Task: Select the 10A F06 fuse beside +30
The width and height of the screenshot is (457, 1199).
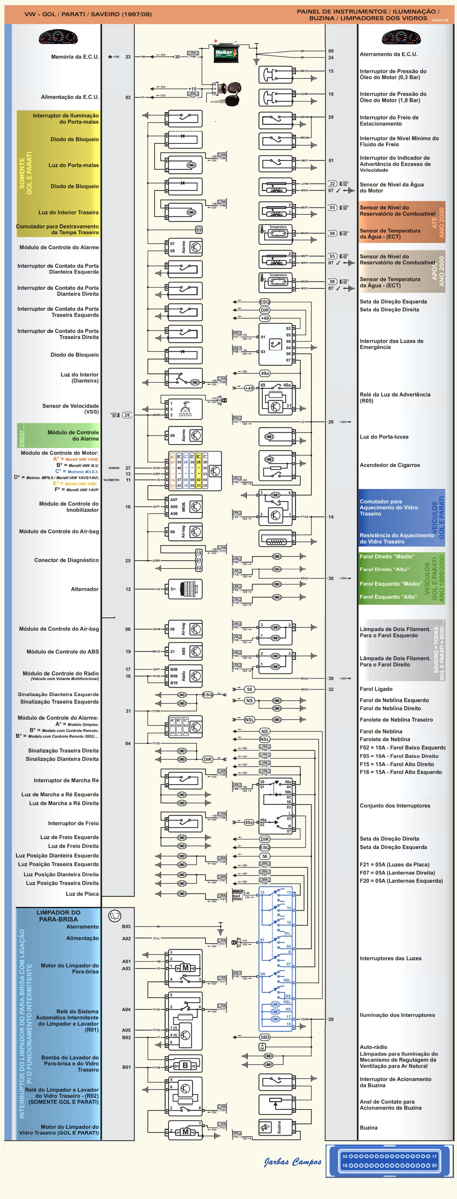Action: coord(193,54)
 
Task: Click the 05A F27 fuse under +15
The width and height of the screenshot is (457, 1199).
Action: coord(193,95)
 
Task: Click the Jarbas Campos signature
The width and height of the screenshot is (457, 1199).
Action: coord(292,1162)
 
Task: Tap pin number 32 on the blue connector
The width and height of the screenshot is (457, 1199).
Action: coord(345,1156)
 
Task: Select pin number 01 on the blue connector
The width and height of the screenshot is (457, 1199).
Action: coord(434,1166)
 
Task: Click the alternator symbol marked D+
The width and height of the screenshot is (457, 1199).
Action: coord(185,589)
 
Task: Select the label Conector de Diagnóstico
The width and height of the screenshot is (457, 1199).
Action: coord(66,560)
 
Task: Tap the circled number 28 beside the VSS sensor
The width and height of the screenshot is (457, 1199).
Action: coord(127,415)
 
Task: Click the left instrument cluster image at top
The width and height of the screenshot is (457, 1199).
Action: coord(58,37)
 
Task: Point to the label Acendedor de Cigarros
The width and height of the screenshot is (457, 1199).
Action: coord(390,465)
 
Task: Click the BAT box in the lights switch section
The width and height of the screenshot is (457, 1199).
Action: coord(237,896)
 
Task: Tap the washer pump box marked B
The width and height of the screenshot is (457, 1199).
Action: coord(185,1065)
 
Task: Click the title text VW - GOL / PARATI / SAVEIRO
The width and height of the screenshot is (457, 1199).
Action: coord(88,14)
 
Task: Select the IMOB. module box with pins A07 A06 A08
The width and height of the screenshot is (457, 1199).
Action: coord(185,507)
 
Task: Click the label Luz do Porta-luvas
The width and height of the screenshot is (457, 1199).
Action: coord(384,437)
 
